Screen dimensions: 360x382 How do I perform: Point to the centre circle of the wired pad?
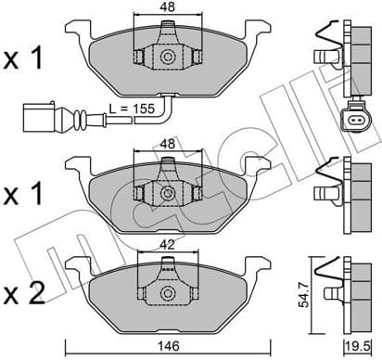point(168,58)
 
